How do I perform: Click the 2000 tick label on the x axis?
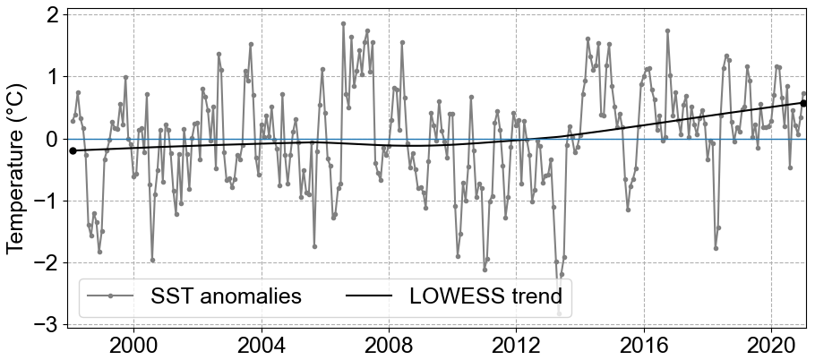pyautogui.click(x=133, y=346)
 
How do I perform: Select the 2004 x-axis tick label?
pyautogui.click(x=262, y=346)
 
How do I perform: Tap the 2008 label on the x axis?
pyautogui.click(x=389, y=346)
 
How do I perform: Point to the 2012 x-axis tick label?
pyautogui.click(x=516, y=346)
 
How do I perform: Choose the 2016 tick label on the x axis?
pyautogui.click(x=643, y=346)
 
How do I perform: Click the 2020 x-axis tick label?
pyautogui.click(x=771, y=346)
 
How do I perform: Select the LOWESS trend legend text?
pyautogui.click(x=485, y=296)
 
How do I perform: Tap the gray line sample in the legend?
pyautogui.click(x=110, y=296)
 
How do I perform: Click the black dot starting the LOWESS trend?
pyautogui.click(x=73, y=150)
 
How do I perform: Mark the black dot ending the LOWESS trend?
pyautogui.click(x=803, y=103)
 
